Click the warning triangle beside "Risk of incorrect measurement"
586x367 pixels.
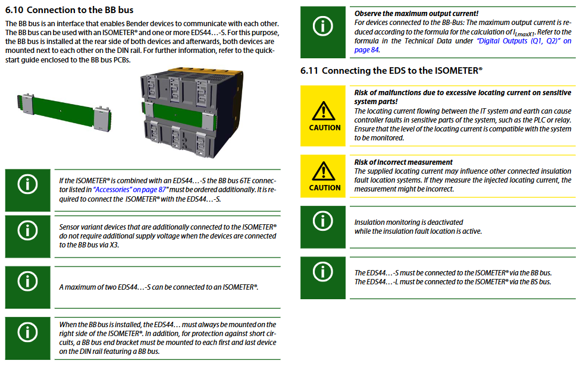tap(325, 170)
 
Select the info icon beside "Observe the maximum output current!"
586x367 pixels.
tap(323, 25)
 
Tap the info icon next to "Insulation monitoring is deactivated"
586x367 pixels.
tap(323, 221)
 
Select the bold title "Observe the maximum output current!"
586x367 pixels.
tap(416, 13)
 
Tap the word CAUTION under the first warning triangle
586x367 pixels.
tap(325, 128)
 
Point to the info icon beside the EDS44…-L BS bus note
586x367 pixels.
tap(323, 272)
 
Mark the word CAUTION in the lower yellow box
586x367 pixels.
tap(325, 188)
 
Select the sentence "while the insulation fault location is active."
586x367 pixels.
tap(418, 231)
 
